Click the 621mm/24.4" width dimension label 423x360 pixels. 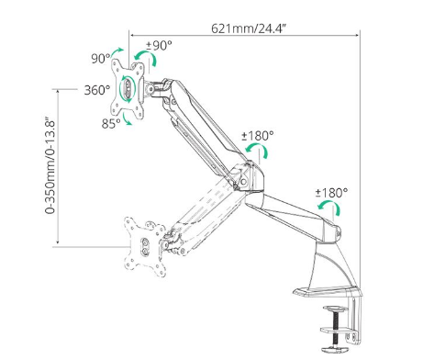tap(249, 28)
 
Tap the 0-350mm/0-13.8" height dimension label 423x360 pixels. tap(50, 165)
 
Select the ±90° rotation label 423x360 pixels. tap(159, 45)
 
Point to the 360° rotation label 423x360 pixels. tap(97, 90)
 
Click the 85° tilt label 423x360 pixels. tap(111, 123)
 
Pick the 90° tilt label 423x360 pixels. tap(101, 58)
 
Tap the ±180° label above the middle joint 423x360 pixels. tap(258, 136)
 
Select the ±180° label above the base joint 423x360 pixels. tap(331, 193)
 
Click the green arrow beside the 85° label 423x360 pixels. tap(126, 119)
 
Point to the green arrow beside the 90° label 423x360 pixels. tap(117, 51)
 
